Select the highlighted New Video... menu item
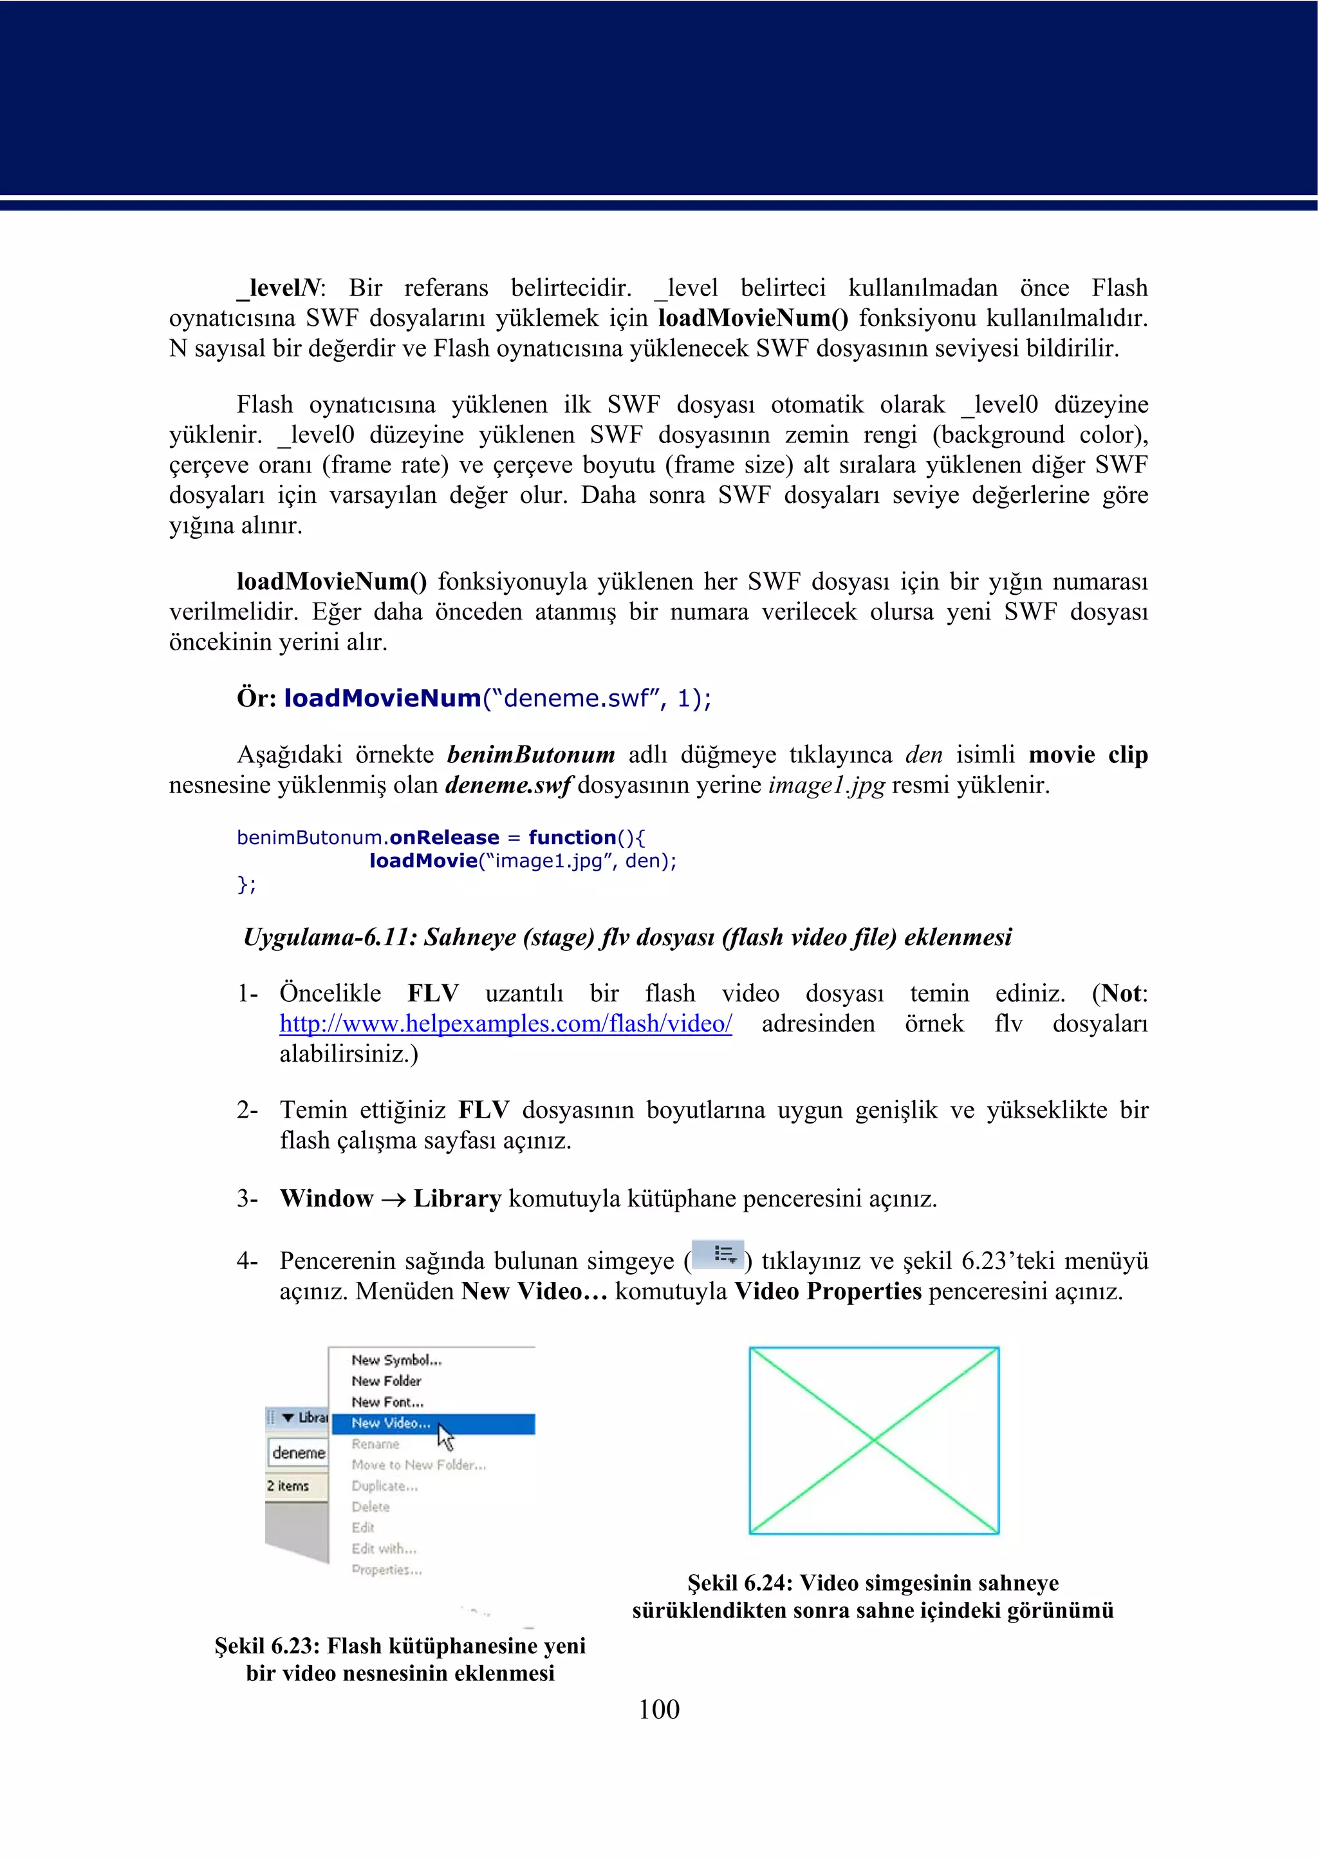tap(391, 1423)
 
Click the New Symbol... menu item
tap(396, 1360)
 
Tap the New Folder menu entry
tap(385, 1381)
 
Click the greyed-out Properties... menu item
tap(386, 1570)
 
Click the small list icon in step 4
tap(718, 1254)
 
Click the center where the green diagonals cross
tap(874, 1440)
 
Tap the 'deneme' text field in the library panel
tap(298, 1452)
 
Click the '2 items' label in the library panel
tap(288, 1486)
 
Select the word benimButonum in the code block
tap(308, 838)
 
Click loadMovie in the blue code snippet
tap(423, 861)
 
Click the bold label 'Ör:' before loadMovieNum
tap(257, 698)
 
